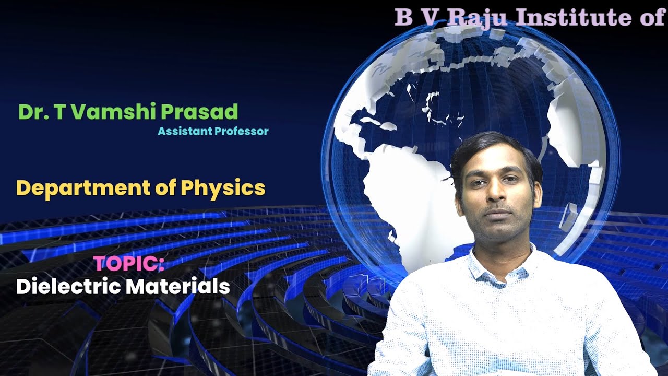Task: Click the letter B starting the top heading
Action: [x=403, y=17]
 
